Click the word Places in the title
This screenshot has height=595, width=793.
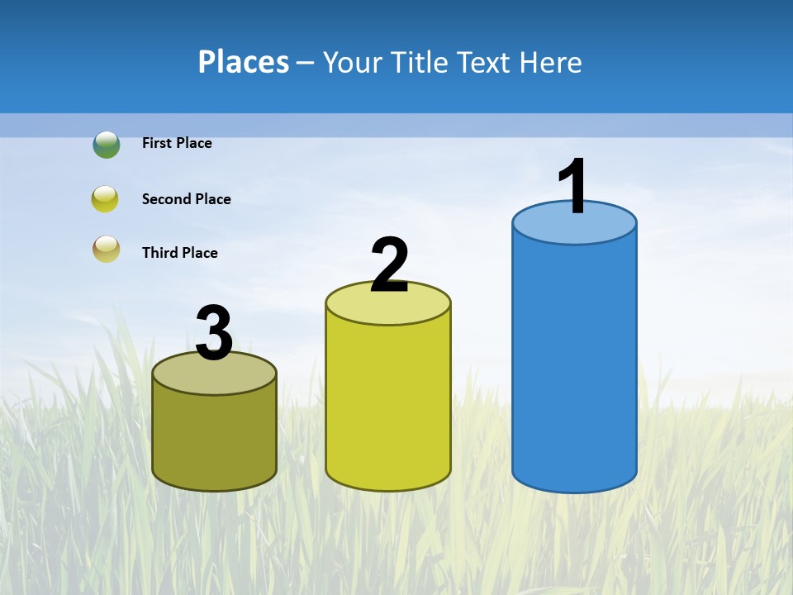point(244,63)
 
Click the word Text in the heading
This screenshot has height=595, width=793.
point(487,63)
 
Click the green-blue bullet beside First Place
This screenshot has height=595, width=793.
point(107,145)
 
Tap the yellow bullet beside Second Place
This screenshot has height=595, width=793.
point(106,199)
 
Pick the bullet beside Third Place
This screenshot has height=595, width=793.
point(106,250)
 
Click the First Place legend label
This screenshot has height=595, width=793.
point(177,143)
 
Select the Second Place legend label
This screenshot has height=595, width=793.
point(186,199)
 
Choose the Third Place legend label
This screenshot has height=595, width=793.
point(179,253)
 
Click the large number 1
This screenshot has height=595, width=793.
point(573,187)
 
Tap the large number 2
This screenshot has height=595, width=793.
point(390,265)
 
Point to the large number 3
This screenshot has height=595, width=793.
point(215,334)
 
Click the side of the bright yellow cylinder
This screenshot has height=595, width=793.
point(388,405)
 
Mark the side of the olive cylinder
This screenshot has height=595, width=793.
point(215,438)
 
